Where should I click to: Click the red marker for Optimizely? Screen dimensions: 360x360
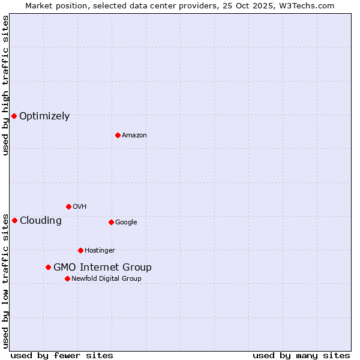point(14,116)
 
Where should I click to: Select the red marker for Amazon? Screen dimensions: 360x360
point(118,135)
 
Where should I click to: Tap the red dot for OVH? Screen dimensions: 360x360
point(68,206)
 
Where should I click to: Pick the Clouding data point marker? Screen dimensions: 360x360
point(14,220)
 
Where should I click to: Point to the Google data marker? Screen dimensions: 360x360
point(111,222)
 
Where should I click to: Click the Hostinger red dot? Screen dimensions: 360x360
point(80,250)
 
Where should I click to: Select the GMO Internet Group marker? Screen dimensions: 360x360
point(48,267)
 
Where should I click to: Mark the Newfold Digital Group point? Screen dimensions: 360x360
point(67,278)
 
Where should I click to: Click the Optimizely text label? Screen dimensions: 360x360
point(44,116)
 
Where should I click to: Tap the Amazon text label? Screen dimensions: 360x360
point(134,136)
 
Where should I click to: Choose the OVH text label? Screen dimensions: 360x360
point(80,207)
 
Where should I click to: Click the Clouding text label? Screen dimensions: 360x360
point(41,221)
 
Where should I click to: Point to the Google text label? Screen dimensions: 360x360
point(126,223)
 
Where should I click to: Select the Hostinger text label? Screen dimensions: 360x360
point(100,251)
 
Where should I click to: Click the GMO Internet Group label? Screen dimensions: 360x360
point(103,268)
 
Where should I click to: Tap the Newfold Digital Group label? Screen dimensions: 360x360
point(106,279)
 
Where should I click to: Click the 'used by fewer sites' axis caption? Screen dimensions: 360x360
point(62,355)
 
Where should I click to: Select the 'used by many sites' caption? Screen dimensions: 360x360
point(301,355)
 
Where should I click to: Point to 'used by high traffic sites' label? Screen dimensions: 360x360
point(5,85)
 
